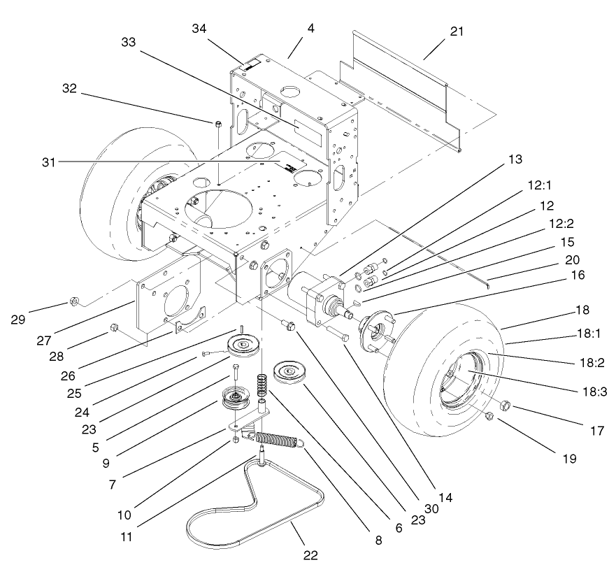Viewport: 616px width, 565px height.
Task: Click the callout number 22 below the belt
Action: [310, 555]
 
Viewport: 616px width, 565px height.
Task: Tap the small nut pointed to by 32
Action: [218, 124]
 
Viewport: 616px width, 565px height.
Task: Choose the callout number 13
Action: [515, 160]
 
